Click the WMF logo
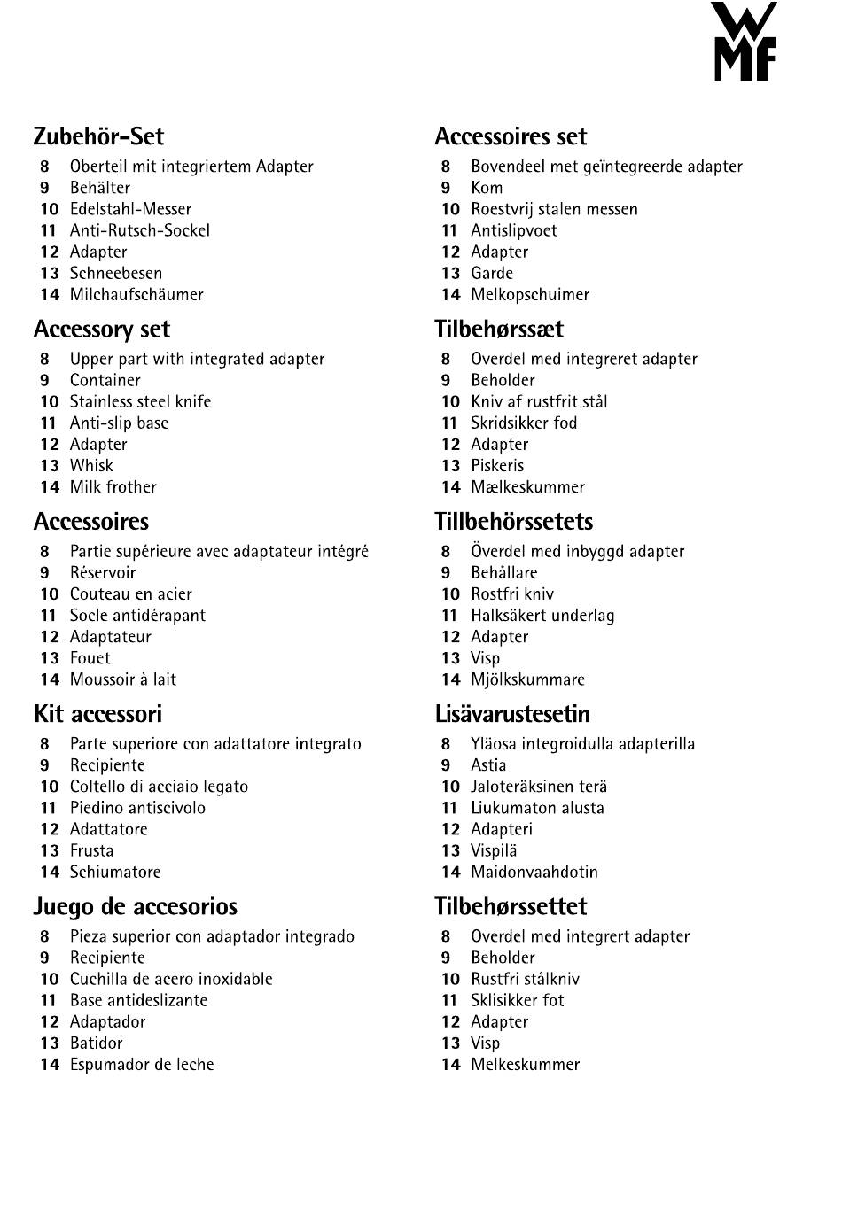[x=744, y=42]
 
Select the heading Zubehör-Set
[x=98, y=136]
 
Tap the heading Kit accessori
[x=97, y=714]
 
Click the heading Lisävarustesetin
[x=511, y=714]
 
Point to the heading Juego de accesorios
[x=135, y=907]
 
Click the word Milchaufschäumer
[x=136, y=295]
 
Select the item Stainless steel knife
[x=140, y=402]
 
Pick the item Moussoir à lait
[x=122, y=680]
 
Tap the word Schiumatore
[x=115, y=873]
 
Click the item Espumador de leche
[x=142, y=1065]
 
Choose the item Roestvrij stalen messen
[x=554, y=210]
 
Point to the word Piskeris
[x=497, y=466]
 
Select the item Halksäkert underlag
[x=542, y=616]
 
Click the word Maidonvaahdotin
[x=534, y=873]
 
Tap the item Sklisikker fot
[x=517, y=1001]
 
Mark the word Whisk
[x=91, y=466]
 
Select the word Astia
[x=488, y=765]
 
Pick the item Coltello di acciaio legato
[x=159, y=787]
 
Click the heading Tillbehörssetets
[x=513, y=522]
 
